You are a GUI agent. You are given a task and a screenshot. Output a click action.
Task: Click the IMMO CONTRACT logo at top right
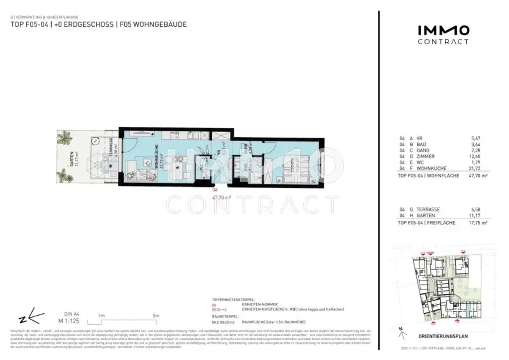443,35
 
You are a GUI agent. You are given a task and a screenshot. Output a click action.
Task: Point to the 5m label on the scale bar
156,316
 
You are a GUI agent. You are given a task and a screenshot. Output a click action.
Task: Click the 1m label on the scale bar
101,316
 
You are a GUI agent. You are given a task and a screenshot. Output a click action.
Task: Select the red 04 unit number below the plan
215,190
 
